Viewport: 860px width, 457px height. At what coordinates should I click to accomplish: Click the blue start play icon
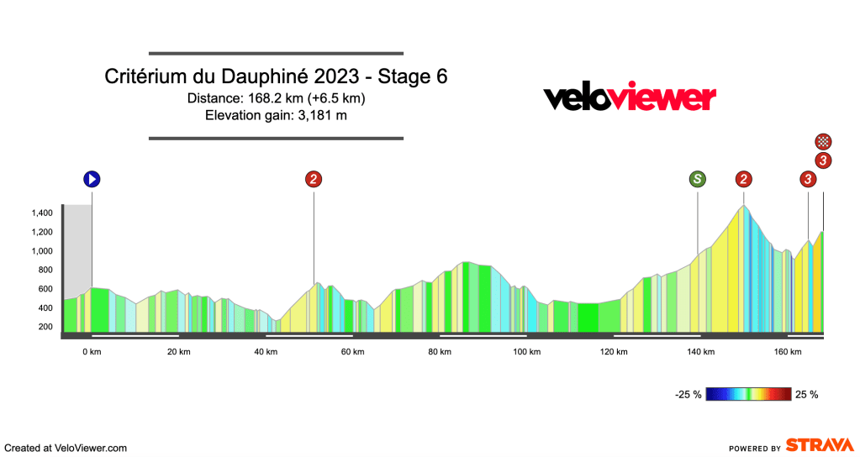coord(92,178)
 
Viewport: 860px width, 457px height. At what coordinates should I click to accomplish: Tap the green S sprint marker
coord(698,178)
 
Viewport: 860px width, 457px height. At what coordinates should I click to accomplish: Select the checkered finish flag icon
coord(825,141)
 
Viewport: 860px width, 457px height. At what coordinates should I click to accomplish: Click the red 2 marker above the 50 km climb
coord(314,178)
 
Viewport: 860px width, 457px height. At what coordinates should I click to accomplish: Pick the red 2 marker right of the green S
coord(744,178)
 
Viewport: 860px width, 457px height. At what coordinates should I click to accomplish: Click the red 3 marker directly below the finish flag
coord(825,160)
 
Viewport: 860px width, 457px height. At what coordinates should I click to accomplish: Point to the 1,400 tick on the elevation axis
coord(44,213)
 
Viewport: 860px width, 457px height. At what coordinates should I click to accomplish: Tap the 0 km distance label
coord(92,352)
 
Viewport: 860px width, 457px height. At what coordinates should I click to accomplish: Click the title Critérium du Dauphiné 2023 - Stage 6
coord(276,76)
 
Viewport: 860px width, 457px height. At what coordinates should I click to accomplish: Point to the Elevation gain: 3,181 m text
coord(276,115)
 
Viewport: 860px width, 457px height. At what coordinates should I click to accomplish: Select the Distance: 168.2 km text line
coord(276,98)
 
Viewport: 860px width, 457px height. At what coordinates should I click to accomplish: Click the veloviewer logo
coord(630,97)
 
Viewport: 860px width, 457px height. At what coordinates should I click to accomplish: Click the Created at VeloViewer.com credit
coord(66,448)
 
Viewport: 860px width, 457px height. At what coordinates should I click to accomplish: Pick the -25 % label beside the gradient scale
coord(687,394)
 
